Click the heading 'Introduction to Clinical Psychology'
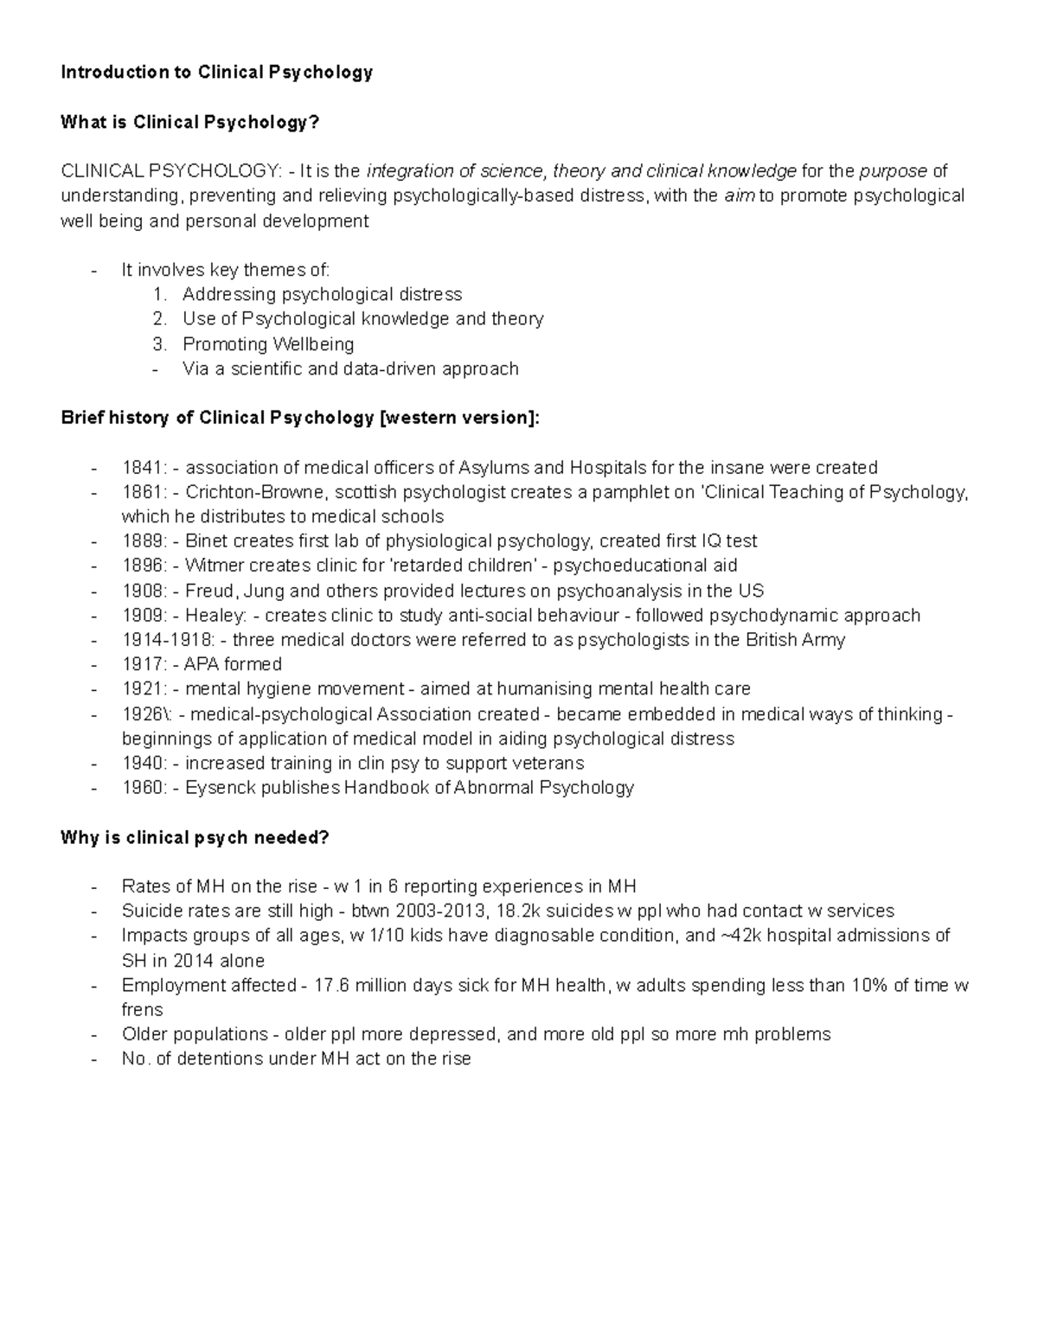[x=216, y=73]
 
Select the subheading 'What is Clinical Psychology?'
[x=189, y=123]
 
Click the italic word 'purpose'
[x=893, y=171]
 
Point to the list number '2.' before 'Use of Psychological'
[x=158, y=319]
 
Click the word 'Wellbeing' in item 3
[x=313, y=344]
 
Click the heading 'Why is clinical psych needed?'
[x=195, y=838]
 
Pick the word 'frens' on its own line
[x=142, y=1009]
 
